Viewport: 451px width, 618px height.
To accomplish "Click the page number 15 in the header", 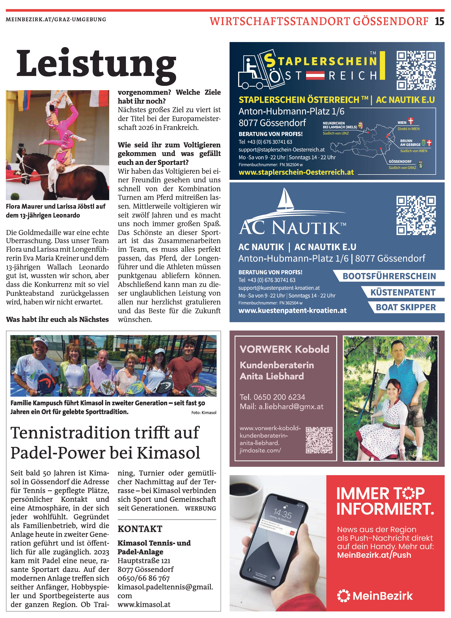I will point(439,21).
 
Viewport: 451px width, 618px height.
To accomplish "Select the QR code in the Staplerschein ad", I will point(416,70).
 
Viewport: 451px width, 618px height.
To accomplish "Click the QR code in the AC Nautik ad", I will point(416,215).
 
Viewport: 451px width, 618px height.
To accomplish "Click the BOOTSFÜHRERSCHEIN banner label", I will point(389,276).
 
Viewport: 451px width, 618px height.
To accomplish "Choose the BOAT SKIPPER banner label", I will point(406,307).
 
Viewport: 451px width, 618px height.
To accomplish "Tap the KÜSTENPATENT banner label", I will point(403,292).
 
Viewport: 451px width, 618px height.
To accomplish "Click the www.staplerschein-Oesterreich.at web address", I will point(296,172).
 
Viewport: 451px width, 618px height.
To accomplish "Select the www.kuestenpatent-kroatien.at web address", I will point(292,311).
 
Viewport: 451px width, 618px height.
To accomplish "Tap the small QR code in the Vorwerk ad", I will point(319,440).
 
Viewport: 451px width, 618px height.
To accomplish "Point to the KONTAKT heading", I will point(140,529).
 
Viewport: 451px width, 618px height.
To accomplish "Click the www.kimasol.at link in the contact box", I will point(144,604).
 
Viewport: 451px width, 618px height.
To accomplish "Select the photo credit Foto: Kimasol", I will point(204,413).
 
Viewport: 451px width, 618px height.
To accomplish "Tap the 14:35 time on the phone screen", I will point(283,514).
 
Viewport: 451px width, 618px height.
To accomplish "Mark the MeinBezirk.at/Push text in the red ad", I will point(374,555).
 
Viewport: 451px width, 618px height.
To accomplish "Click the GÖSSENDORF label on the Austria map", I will point(400,162).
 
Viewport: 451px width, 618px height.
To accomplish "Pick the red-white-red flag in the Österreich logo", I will point(315,75).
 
